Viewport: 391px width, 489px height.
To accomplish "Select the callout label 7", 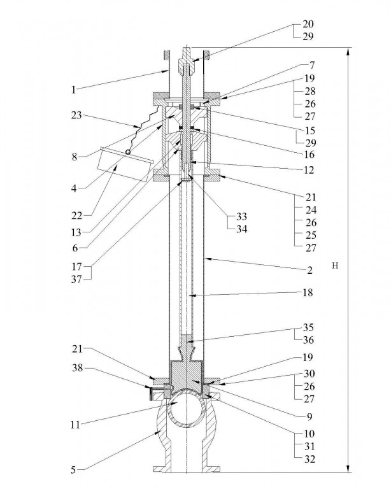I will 311,65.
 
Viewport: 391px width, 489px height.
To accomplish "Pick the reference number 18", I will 309,294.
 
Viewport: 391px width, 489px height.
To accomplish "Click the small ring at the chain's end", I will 129,152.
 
